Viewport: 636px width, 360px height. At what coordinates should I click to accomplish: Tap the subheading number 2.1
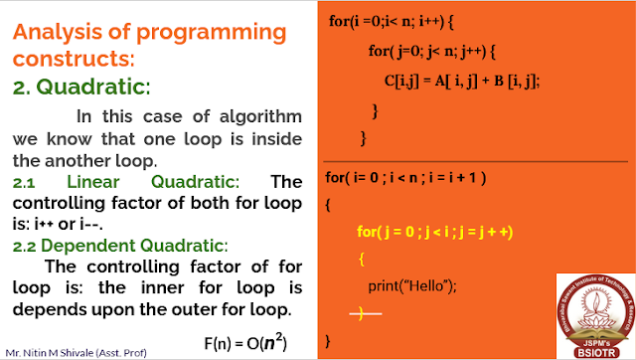coord(28,182)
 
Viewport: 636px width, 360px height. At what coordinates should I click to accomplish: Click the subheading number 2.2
coord(28,245)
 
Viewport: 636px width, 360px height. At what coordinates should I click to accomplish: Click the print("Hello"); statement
coord(411,286)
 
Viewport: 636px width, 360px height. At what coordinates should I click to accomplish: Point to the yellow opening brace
coord(362,260)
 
